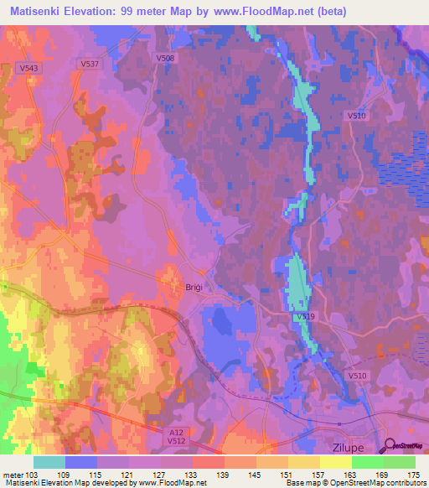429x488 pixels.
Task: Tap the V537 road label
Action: pyautogui.click(x=90, y=63)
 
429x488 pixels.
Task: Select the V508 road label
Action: pyautogui.click(x=165, y=58)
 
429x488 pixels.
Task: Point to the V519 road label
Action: pyautogui.click(x=304, y=318)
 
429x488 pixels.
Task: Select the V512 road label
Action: pyautogui.click(x=175, y=439)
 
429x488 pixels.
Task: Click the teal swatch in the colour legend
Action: pyautogui.click(x=49, y=462)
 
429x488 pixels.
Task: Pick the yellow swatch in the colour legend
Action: pyautogui.click(x=336, y=462)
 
